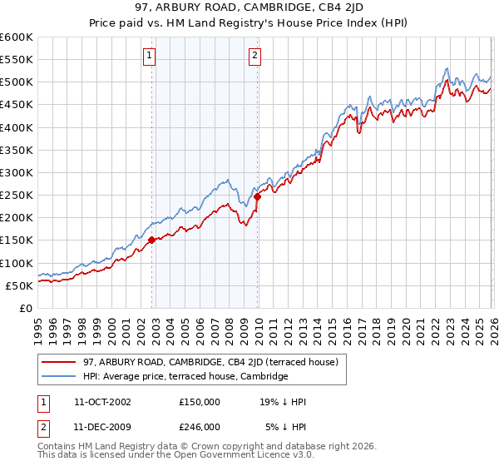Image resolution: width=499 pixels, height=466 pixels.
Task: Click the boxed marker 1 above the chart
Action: [149, 56]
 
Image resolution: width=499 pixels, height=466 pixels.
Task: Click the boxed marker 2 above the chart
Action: [254, 56]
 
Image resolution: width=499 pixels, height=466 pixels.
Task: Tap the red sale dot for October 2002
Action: [151, 240]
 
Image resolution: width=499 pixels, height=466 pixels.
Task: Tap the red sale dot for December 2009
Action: [258, 196]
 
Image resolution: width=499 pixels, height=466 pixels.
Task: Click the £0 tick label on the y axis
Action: [27, 308]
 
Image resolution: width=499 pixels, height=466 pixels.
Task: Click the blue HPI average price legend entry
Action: [185, 377]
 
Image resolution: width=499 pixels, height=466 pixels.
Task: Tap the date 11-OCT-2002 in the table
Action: [101, 402]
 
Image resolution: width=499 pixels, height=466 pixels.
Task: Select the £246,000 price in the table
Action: [199, 426]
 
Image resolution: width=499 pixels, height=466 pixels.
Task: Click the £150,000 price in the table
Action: [199, 402]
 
